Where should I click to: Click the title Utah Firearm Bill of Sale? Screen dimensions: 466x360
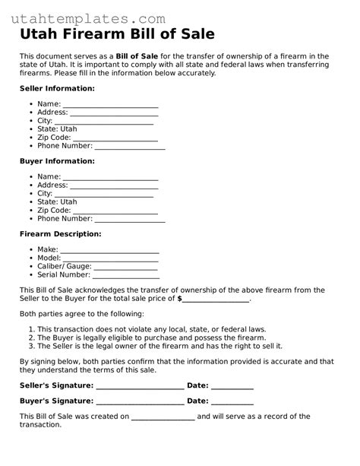[117, 35]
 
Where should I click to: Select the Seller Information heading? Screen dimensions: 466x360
[57, 88]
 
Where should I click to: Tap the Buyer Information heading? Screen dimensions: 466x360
[57, 161]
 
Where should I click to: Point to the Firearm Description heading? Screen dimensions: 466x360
[60, 234]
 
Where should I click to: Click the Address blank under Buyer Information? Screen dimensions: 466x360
[114, 185]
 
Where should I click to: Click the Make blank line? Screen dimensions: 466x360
[109, 250]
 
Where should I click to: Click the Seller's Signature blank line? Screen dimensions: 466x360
[141, 386]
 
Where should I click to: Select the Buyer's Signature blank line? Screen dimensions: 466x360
[141, 401]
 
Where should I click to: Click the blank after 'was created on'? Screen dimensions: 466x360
[163, 417]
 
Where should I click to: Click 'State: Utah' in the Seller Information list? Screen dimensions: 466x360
[57, 129]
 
